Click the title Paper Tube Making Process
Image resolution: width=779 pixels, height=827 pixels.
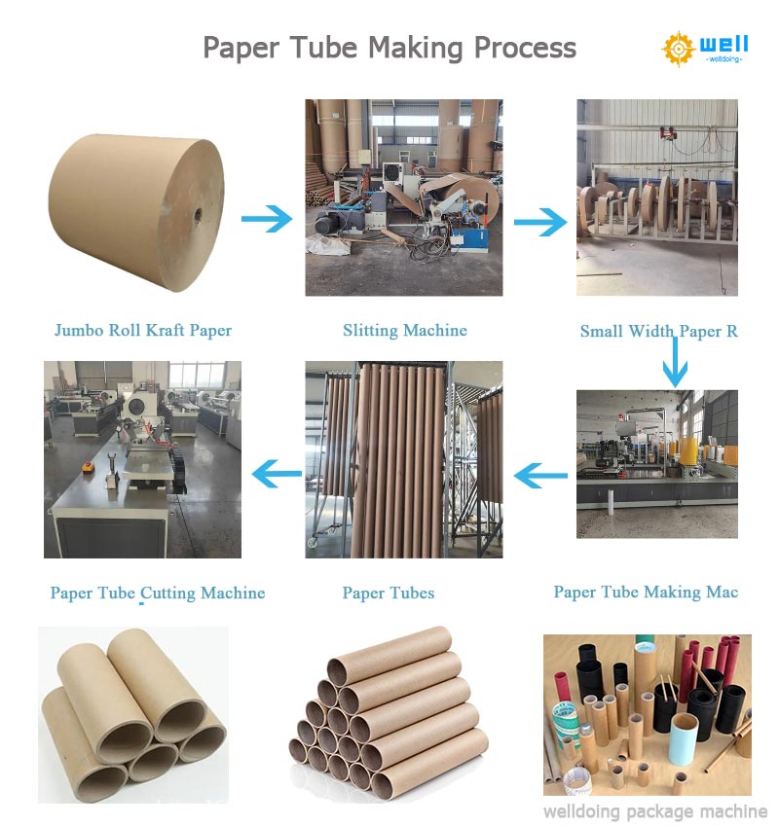click(389, 47)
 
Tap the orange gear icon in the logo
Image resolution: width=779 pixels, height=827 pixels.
click(679, 48)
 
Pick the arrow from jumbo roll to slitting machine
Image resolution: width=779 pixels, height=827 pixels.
click(266, 218)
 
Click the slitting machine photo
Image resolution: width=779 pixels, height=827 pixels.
click(403, 198)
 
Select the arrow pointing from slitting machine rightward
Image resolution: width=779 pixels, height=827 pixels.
click(539, 222)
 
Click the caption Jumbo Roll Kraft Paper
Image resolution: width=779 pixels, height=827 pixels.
click(143, 331)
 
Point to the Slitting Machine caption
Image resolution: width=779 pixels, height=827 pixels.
click(404, 331)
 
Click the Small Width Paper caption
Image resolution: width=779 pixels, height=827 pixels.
click(658, 332)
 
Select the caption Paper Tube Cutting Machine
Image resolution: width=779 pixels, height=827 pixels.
click(158, 593)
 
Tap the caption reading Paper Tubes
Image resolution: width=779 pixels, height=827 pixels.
click(389, 593)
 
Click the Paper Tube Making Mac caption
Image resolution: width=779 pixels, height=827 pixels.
click(646, 593)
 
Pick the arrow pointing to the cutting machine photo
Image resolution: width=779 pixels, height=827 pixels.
click(277, 475)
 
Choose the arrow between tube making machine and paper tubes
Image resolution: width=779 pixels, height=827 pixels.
click(540, 476)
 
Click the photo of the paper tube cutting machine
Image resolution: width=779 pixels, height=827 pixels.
click(142, 459)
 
